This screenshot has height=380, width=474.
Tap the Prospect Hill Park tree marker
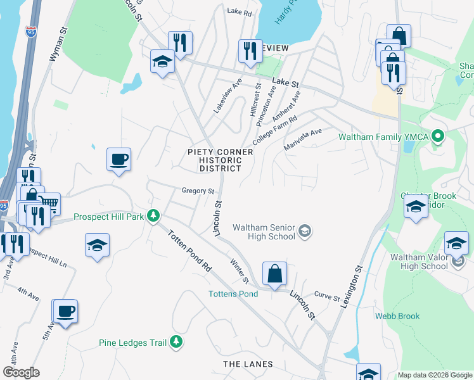coord(153,216)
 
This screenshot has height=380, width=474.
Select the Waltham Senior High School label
coord(264,232)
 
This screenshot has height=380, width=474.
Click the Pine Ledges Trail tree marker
coord(177,343)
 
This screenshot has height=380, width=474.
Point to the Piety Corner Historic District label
coord(215,160)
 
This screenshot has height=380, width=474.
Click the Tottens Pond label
coord(234,294)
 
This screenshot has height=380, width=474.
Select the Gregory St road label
coord(198,190)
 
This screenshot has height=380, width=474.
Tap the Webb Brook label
coord(397,316)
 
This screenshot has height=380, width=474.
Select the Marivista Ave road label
coord(304,135)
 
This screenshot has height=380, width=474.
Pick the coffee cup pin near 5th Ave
coord(65,312)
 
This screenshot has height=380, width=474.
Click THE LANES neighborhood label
coord(248,364)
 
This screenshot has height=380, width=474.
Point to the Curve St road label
coord(328,296)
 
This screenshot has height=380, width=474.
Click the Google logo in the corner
coord(21,372)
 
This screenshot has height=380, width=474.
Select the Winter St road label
coord(239,271)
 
